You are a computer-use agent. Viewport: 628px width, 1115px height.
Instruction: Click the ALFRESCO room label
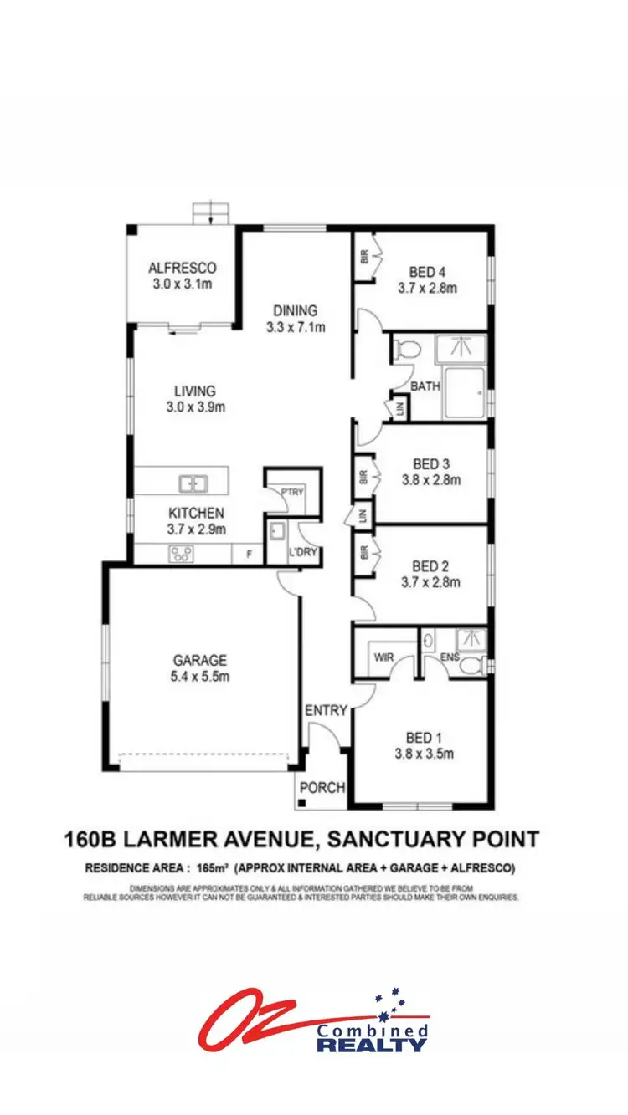183,269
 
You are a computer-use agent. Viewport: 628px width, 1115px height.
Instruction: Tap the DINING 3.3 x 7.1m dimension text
296,327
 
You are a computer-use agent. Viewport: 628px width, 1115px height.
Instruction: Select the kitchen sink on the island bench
194,483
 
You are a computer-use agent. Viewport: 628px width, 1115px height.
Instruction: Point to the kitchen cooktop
182,552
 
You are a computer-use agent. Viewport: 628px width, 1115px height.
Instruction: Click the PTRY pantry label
291,492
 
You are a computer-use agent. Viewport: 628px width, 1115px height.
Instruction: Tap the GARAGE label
200,661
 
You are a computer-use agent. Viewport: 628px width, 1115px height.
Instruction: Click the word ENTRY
326,710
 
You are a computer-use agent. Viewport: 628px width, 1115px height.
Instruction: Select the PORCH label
322,786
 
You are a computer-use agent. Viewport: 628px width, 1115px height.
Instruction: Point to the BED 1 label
424,737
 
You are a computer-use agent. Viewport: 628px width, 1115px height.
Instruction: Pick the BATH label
425,386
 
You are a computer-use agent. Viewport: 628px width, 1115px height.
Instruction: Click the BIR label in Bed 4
364,257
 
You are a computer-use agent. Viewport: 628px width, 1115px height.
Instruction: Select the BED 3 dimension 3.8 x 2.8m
430,480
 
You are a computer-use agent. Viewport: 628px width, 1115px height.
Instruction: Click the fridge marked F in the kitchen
249,553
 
